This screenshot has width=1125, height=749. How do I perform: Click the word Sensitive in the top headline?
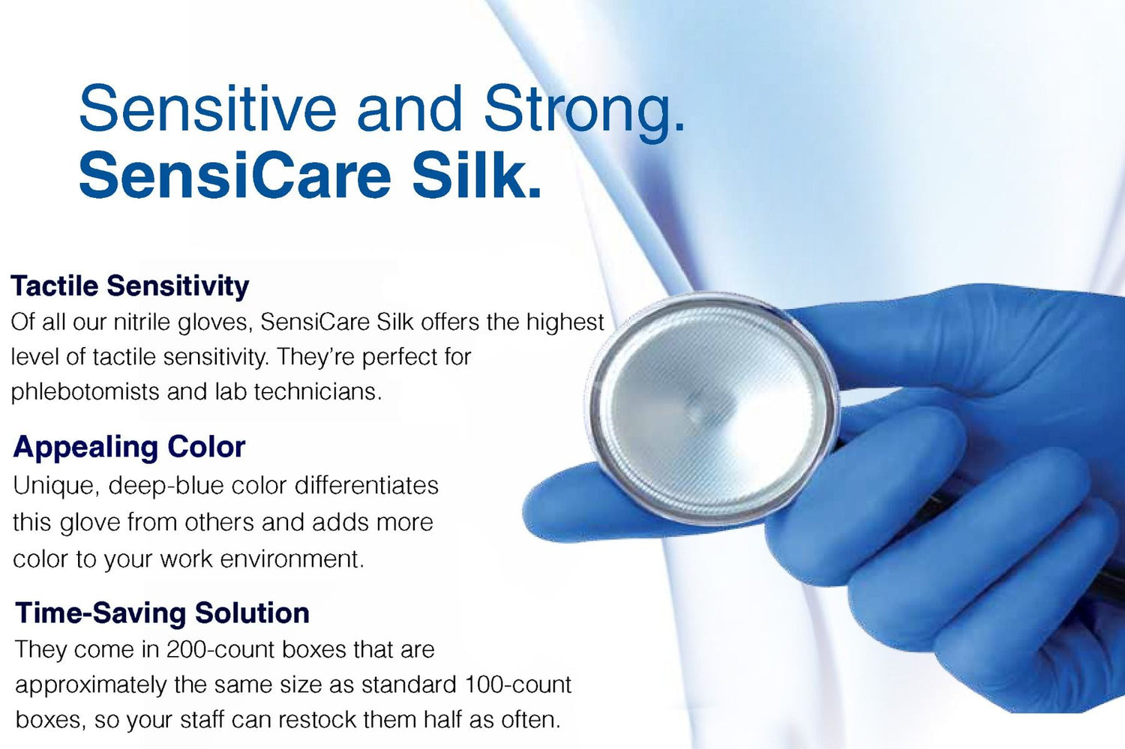coord(208,109)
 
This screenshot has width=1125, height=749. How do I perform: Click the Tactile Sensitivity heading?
coord(130,286)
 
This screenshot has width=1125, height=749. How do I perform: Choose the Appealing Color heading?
coord(129,447)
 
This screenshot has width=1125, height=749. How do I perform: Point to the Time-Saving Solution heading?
coord(162,613)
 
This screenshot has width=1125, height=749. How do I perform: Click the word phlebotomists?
coord(85,391)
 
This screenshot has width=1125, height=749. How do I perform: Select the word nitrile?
coord(142,322)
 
